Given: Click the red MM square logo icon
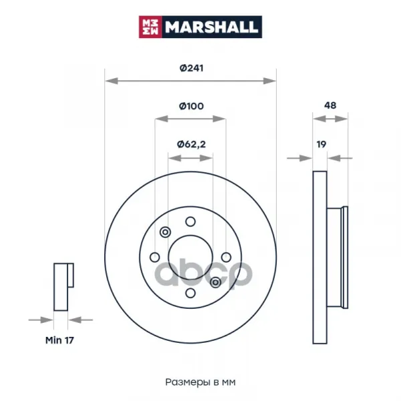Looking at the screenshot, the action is point(150,27).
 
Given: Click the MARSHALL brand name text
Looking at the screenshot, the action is point(211,27).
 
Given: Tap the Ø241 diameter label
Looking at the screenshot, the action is point(191,68).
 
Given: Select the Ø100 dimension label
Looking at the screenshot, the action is point(191,106).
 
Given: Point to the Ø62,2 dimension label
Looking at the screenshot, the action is point(191,144).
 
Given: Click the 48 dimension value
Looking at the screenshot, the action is point(330,106).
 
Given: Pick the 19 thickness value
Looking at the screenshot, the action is point(321,144).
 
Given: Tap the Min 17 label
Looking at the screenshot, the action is point(59,340).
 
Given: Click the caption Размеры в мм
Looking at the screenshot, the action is point(200,382).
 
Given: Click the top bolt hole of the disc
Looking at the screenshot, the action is point(190,221).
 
